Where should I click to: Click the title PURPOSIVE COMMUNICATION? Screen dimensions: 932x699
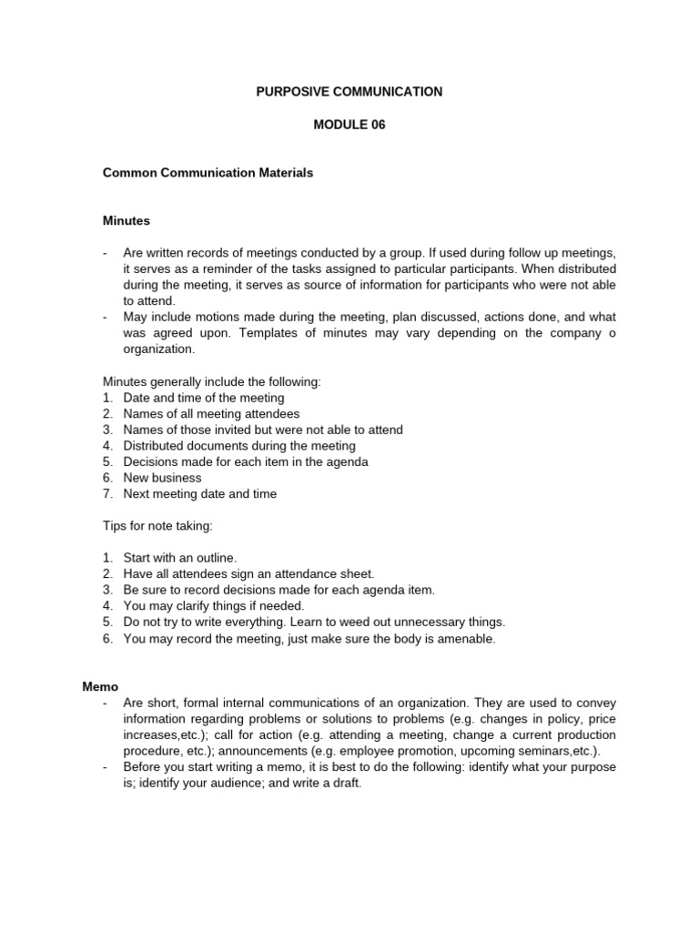349,92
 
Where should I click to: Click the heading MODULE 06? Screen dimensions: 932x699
349,125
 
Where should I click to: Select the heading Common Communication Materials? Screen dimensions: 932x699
208,173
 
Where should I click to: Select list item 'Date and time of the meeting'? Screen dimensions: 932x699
204,398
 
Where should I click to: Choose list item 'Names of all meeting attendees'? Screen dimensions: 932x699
211,414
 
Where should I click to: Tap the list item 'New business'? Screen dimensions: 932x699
163,478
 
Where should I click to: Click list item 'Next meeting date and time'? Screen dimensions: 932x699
200,494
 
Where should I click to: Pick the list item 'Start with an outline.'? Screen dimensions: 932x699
180,557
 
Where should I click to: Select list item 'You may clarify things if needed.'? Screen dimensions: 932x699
214,605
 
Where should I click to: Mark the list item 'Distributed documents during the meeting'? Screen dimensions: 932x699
239,446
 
